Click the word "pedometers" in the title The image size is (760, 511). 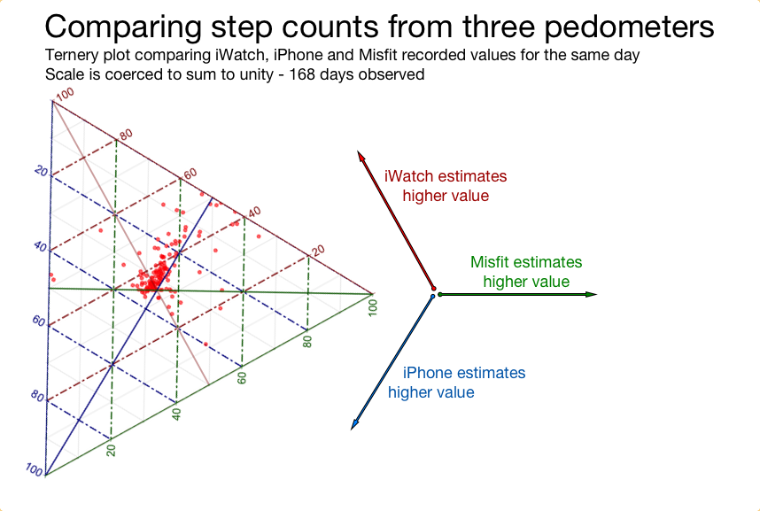pyautogui.click(x=629, y=27)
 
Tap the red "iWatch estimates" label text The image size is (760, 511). pyautogui.click(x=446, y=176)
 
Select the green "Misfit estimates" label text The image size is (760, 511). pyautogui.click(x=526, y=262)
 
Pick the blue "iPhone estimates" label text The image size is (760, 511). pyautogui.click(x=464, y=372)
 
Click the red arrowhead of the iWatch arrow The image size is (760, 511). pyautogui.click(x=361, y=156)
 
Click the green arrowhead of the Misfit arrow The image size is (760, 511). pyautogui.click(x=591, y=294)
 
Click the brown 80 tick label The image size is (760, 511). pyautogui.click(x=126, y=135)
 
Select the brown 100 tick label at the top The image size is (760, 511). pyautogui.click(x=65, y=94)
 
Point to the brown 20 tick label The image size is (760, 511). pyautogui.click(x=318, y=251)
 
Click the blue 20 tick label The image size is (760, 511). pyautogui.click(x=42, y=171)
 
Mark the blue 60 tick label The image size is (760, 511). pyautogui.click(x=38, y=321)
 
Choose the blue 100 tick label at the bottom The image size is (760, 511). pyautogui.click(x=35, y=469)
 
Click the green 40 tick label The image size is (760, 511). pyautogui.click(x=177, y=414)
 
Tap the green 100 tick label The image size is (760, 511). pyautogui.click(x=372, y=308)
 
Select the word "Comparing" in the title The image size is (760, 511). pyautogui.click(x=123, y=27)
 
